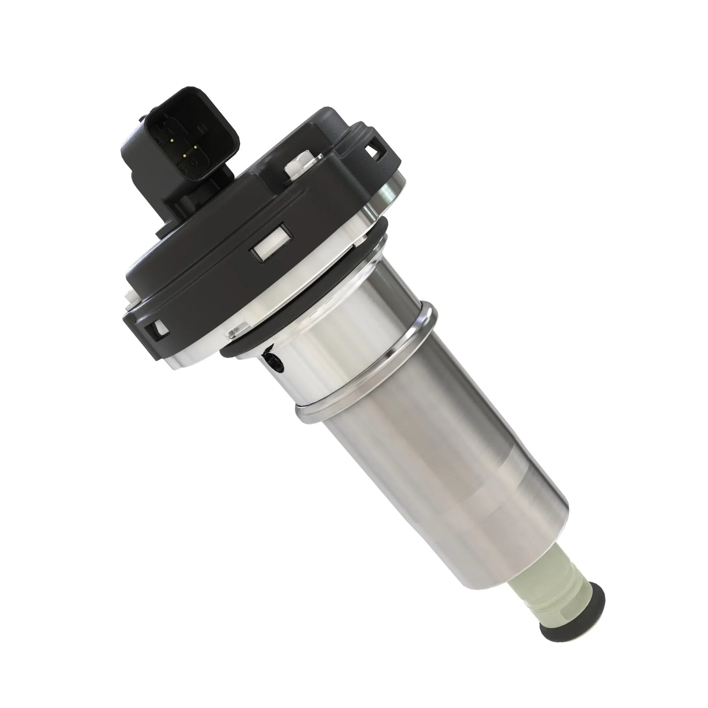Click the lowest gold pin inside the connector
point(185,156)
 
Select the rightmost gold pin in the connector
point(196,147)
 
